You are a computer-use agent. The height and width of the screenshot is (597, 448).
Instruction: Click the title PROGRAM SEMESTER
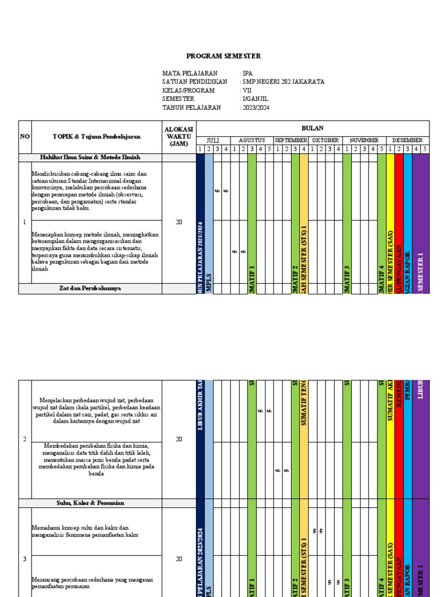(223, 56)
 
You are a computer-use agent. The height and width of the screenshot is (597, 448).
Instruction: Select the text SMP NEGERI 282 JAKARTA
(283, 82)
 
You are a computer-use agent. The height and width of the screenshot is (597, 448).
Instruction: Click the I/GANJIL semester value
(256, 99)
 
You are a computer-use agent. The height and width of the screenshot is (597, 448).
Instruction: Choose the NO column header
(24, 136)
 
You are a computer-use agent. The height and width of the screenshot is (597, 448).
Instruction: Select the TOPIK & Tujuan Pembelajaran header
(96, 136)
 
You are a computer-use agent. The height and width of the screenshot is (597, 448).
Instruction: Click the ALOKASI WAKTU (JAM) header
(179, 136)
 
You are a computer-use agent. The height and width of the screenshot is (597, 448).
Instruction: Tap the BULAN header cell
(312, 128)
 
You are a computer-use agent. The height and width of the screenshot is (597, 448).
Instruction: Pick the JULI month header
(213, 141)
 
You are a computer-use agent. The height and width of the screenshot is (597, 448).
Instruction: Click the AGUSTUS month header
(252, 141)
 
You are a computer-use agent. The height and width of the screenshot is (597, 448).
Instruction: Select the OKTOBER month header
(325, 141)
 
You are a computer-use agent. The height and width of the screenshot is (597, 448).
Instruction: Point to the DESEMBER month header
(407, 141)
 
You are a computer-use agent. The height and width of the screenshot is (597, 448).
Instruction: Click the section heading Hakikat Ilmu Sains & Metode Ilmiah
(98, 157)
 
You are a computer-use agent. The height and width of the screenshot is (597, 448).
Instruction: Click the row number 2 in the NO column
(24, 439)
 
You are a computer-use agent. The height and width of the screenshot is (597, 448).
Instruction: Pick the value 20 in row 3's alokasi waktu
(179, 559)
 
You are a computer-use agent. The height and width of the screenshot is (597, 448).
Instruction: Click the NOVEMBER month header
(364, 141)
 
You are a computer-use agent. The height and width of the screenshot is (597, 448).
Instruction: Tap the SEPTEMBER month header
(290, 141)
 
